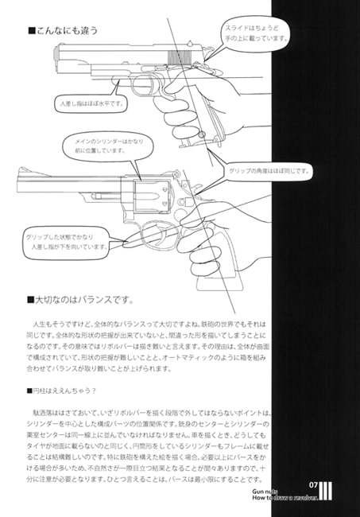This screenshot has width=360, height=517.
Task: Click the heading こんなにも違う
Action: click(x=67, y=31)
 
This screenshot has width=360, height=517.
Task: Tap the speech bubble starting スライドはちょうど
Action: click(x=252, y=33)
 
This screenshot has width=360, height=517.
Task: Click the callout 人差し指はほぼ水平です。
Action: click(x=92, y=103)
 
